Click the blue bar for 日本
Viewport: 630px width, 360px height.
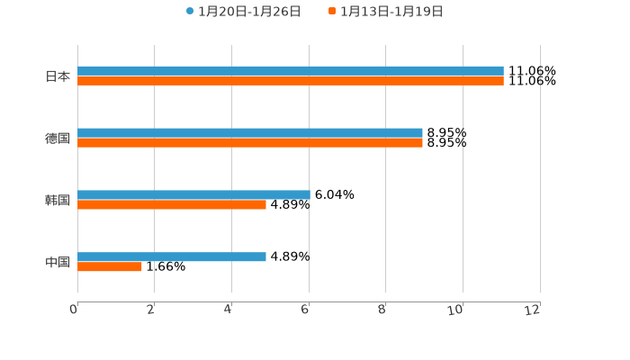pyautogui.click(x=291, y=70)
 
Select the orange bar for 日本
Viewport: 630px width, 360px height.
pyautogui.click(x=291, y=81)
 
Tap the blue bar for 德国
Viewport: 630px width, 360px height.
pyautogui.click(x=250, y=132)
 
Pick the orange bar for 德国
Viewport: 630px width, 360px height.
pyautogui.click(x=250, y=143)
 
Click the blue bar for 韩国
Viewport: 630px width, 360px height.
pyautogui.click(x=193, y=194)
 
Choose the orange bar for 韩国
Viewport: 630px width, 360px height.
pyautogui.click(x=172, y=205)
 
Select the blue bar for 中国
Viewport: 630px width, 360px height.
pyautogui.click(x=172, y=256)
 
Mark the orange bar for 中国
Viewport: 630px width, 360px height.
pyautogui.click(x=110, y=267)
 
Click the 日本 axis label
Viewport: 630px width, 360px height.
pyautogui.click(x=58, y=76)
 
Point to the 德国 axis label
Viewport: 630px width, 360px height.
pyautogui.click(x=58, y=139)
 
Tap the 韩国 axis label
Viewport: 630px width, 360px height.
pyautogui.click(x=58, y=201)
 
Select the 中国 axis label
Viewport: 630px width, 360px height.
pyautogui.click(x=58, y=263)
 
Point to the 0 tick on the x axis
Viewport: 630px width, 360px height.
pyautogui.click(x=74, y=310)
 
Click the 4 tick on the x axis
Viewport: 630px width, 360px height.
pyautogui.click(x=229, y=310)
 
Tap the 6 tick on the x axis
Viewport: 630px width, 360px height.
pyautogui.click(x=306, y=310)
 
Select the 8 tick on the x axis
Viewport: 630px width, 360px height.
pyautogui.click(x=382, y=310)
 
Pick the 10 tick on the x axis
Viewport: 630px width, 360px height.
pyautogui.click(x=456, y=310)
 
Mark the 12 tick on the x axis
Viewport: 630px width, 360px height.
pyautogui.click(x=533, y=310)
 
